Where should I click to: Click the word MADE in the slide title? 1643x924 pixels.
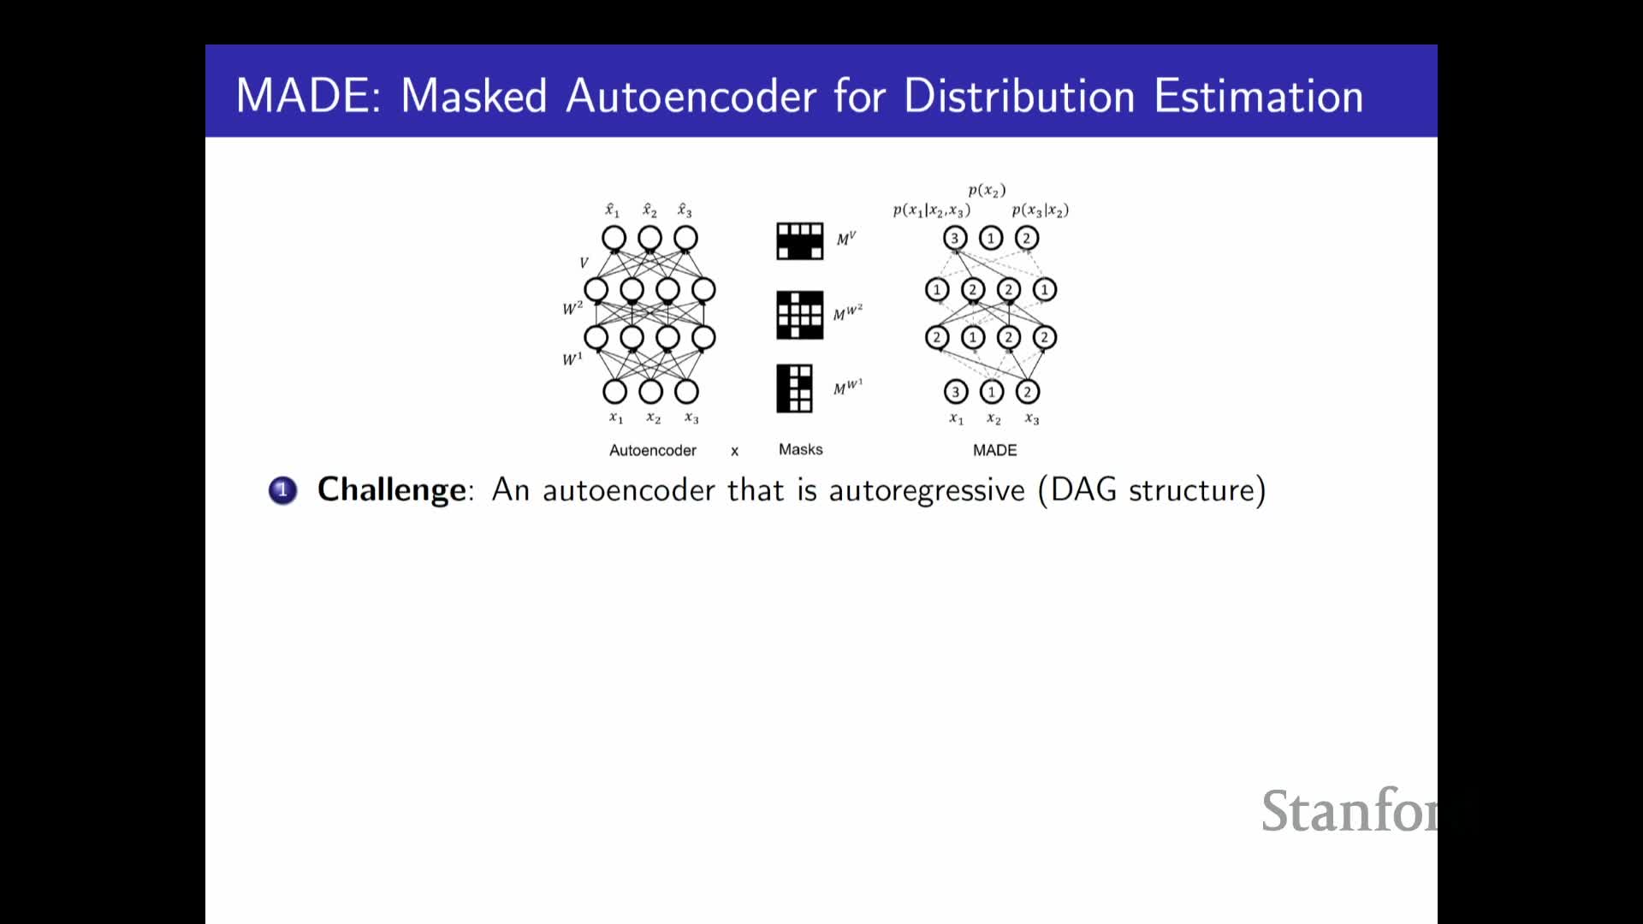pos(305,95)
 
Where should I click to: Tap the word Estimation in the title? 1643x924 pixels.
pos(1258,95)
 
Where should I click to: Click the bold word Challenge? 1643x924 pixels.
pos(392,489)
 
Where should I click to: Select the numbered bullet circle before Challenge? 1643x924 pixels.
pos(282,490)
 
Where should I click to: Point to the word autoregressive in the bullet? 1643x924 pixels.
pos(926,490)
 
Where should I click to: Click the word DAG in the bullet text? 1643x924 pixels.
pos(1083,489)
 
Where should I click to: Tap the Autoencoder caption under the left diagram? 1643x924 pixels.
pos(652,450)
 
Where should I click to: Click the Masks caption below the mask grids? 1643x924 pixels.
pos(800,449)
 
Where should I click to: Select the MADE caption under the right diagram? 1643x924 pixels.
pos(994,450)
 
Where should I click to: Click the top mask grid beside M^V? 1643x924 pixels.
pos(799,241)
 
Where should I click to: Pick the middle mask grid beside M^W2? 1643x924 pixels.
pos(799,315)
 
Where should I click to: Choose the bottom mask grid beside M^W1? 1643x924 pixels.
pos(794,388)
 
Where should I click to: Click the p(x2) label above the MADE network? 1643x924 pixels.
pos(987,190)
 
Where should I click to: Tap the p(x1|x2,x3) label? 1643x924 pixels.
pos(931,210)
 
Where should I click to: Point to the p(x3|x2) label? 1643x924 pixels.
pos(1040,210)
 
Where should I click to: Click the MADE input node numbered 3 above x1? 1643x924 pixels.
pos(956,392)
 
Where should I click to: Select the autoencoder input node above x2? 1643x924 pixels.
pos(650,392)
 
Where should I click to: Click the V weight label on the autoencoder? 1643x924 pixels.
pos(584,263)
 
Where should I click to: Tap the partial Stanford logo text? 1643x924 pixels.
pos(1349,810)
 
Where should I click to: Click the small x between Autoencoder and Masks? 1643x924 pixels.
pos(734,451)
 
